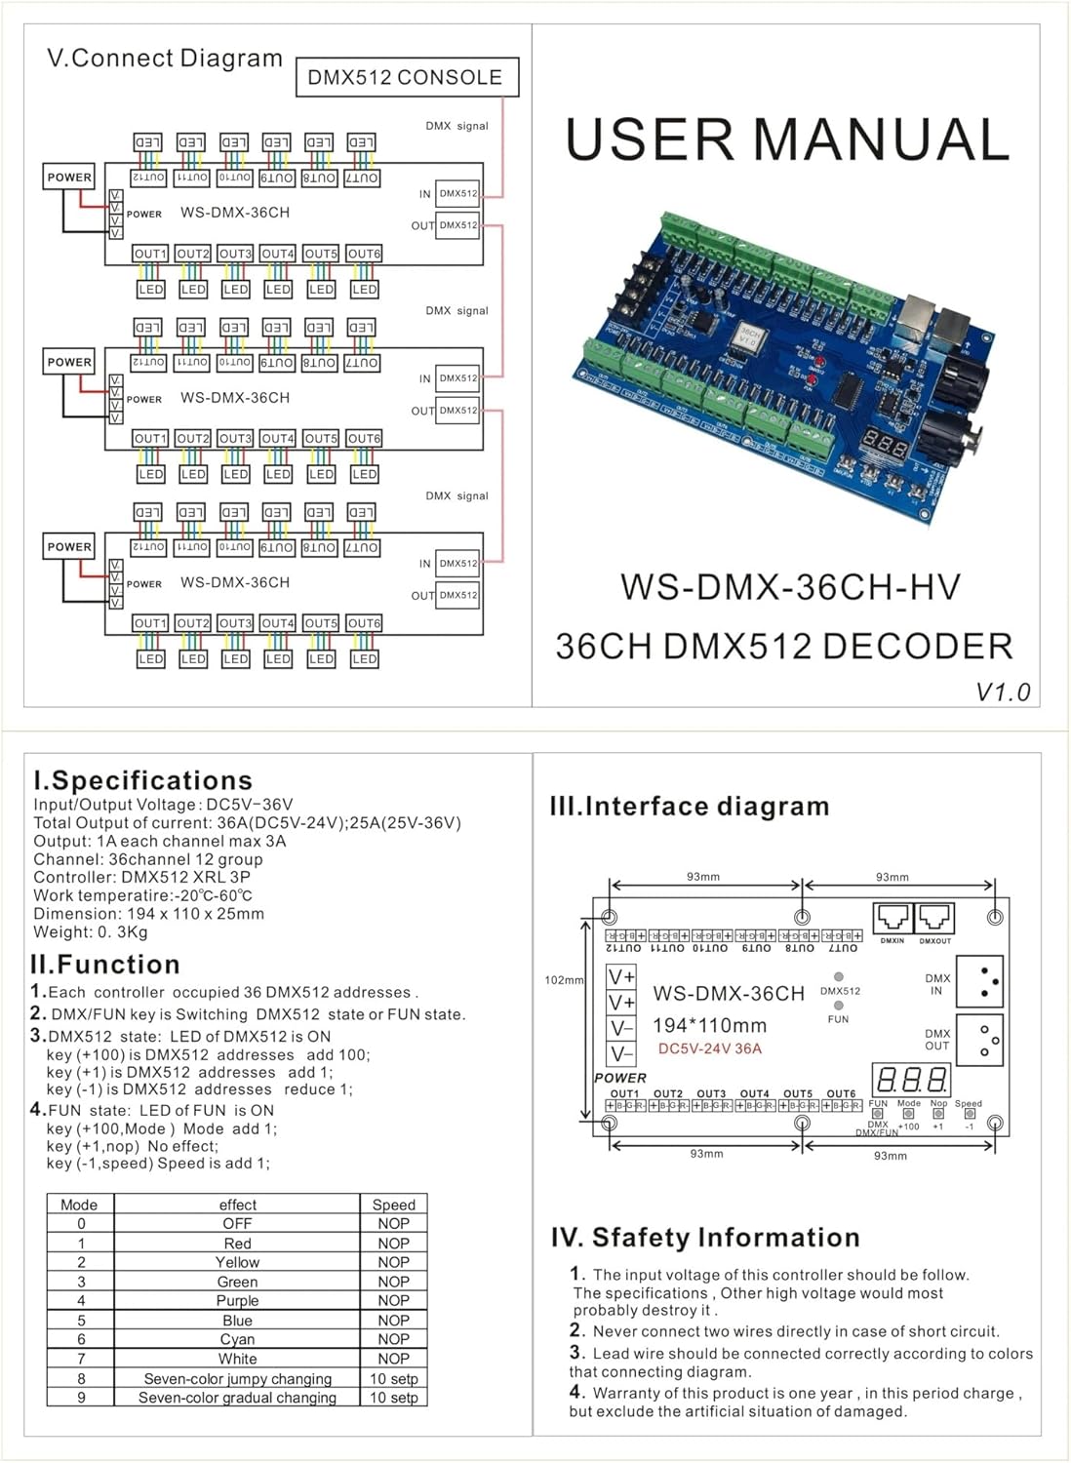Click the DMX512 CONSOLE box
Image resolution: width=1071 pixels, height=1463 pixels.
pyautogui.click(x=407, y=77)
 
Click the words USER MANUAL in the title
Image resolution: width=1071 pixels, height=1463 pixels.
pyautogui.click(x=786, y=139)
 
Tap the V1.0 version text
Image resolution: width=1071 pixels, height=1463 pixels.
pyautogui.click(x=1003, y=692)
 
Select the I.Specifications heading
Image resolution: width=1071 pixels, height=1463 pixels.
pyautogui.click(x=142, y=780)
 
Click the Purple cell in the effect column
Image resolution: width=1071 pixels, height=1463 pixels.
pyautogui.click(x=237, y=1300)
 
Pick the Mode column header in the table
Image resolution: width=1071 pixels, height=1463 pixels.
pyautogui.click(x=79, y=1205)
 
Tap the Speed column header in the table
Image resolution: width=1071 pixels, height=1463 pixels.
pyautogui.click(x=393, y=1205)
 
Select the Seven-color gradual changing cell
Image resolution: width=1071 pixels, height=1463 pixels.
pyautogui.click(x=237, y=1397)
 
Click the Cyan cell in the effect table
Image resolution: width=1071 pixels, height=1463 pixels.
pyautogui.click(x=237, y=1339)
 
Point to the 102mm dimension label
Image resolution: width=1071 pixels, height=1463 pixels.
pyautogui.click(x=563, y=980)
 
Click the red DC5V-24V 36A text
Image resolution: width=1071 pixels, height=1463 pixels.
pyautogui.click(x=709, y=1048)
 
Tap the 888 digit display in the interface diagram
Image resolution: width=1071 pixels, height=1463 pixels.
pyautogui.click(x=911, y=1079)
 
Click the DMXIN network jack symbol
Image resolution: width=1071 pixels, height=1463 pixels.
pyautogui.click(x=892, y=918)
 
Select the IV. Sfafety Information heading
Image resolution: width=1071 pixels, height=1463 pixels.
pyautogui.click(x=705, y=1238)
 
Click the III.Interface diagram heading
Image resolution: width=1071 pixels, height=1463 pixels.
pyautogui.click(x=690, y=807)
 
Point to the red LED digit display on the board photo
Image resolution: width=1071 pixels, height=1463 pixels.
pyautogui.click(x=886, y=444)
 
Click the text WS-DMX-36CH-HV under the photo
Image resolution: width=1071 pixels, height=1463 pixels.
pyautogui.click(x=790, y=587)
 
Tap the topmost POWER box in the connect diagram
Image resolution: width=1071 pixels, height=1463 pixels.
pyautogui.click(x=69, y=177)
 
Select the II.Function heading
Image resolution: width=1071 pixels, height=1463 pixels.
pyautogui.click(x=105, y=965)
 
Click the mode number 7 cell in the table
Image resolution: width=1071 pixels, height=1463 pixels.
pyautogui.click(x=81, y=1359)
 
